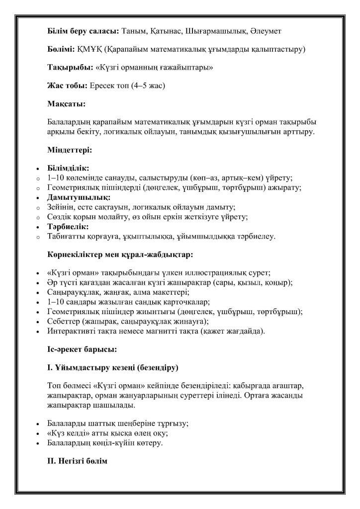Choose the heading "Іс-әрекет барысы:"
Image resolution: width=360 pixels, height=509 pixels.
(82, 349)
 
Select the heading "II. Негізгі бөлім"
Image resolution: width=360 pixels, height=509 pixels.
(77, 461)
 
